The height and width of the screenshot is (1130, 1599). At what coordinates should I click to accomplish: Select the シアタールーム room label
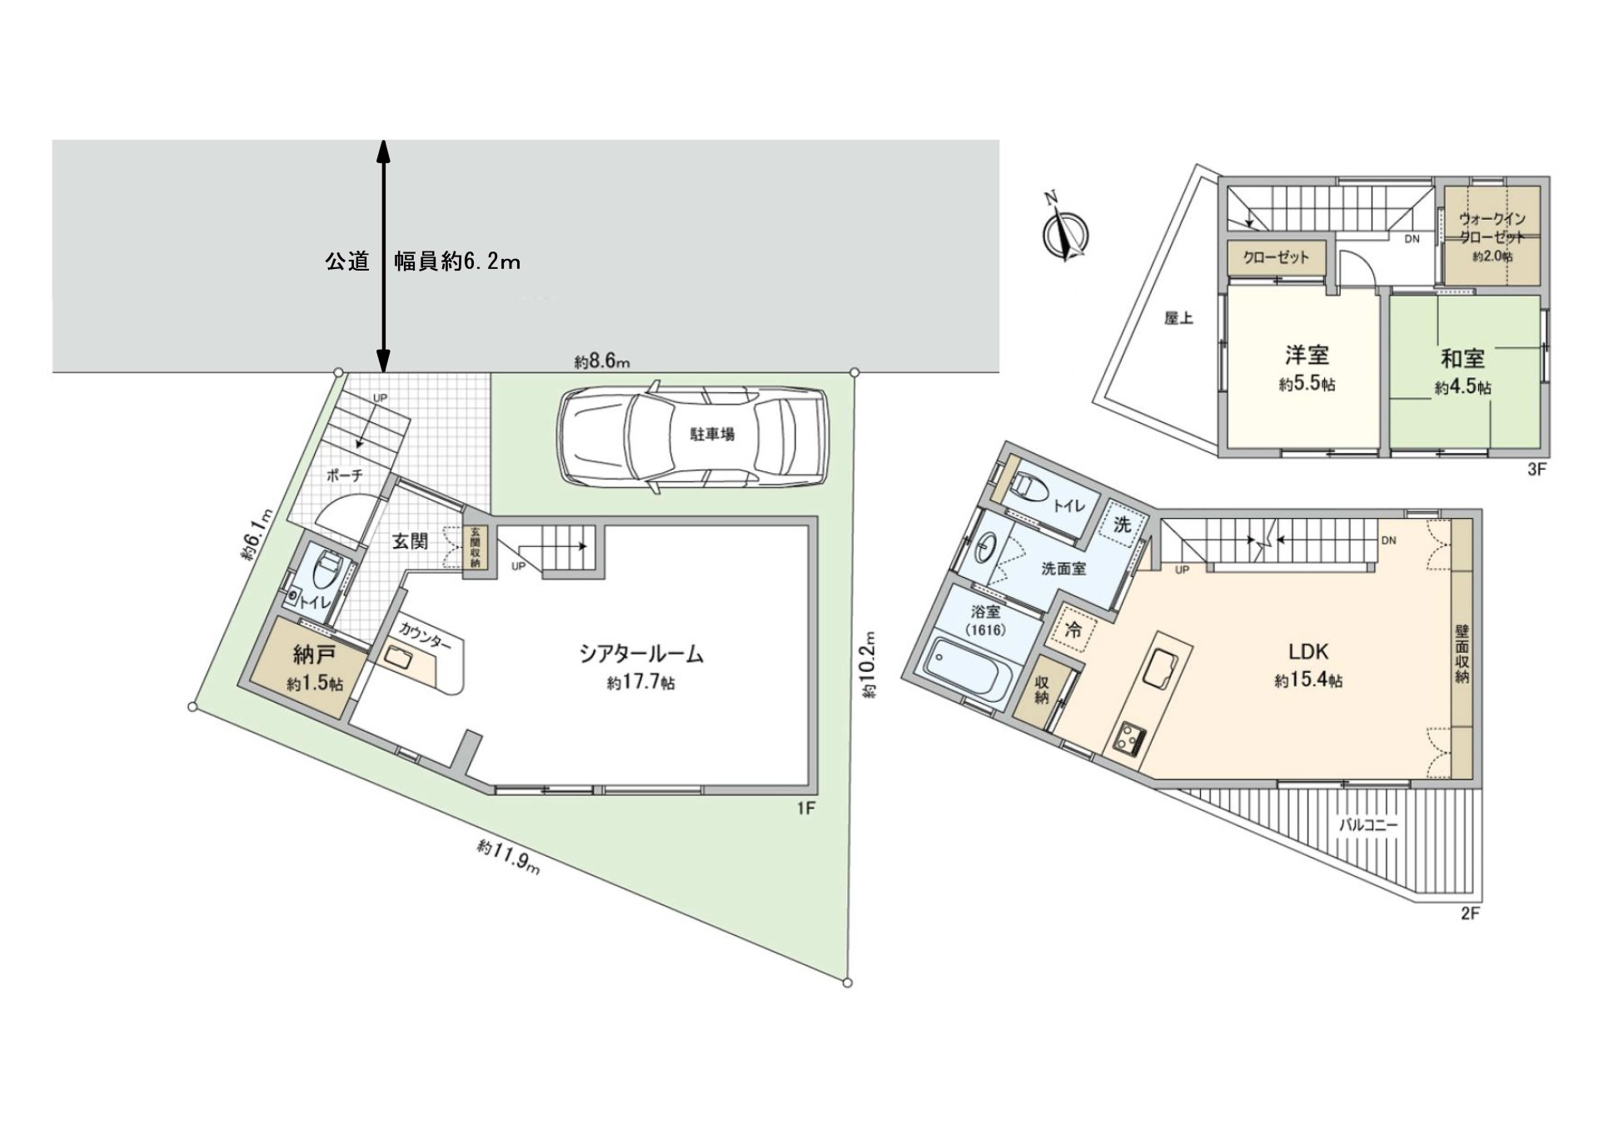tap(641, 655)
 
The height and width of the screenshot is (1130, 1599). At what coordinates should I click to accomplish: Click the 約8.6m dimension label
tap(601, 361)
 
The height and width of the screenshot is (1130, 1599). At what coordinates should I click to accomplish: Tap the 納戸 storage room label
tap(313, 655)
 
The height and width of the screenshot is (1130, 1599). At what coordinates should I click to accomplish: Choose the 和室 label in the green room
tap(1462, 359)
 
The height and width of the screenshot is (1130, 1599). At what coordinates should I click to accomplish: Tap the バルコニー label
tap(1368, 826)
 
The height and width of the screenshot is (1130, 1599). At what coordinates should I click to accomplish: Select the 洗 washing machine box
tap(1123, 525)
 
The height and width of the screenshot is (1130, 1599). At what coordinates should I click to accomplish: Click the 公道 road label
tap(346, 261)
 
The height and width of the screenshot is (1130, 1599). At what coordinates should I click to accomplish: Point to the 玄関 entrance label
tap(410, 541)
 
